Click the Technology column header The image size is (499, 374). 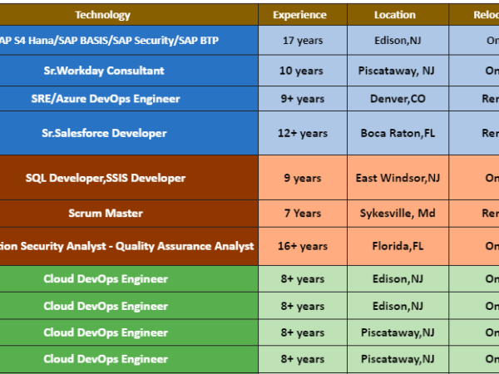click(x=102, y=15)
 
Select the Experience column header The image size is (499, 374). click(x=299, y=15)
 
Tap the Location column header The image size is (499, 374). click(x=395, y=15)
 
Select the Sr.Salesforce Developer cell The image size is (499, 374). click(x=104, y=133)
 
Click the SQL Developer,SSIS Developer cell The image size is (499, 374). click(x=106, y=178)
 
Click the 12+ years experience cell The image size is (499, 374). click(x=302, y=133)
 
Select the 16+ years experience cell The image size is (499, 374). click(x=302, y=246)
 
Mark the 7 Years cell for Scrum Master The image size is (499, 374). click(x=302, y=214)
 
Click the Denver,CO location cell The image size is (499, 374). click(x=398, y=99)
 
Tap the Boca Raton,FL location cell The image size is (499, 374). click(x=398, y=133)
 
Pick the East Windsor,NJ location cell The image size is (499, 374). click(x=398, y=178)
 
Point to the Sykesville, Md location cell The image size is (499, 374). click(x=398, y=214)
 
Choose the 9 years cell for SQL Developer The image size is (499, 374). click(x=302, y=178)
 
